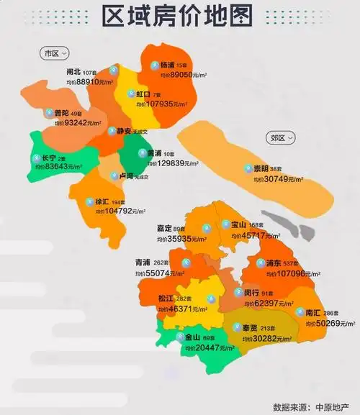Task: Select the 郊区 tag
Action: (x=258, y=136)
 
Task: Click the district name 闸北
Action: (x=73, y=73)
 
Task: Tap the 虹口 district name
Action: (x=143, y=94)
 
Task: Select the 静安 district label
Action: (x=123, y=132)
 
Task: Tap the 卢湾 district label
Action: (x=125, y=176)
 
